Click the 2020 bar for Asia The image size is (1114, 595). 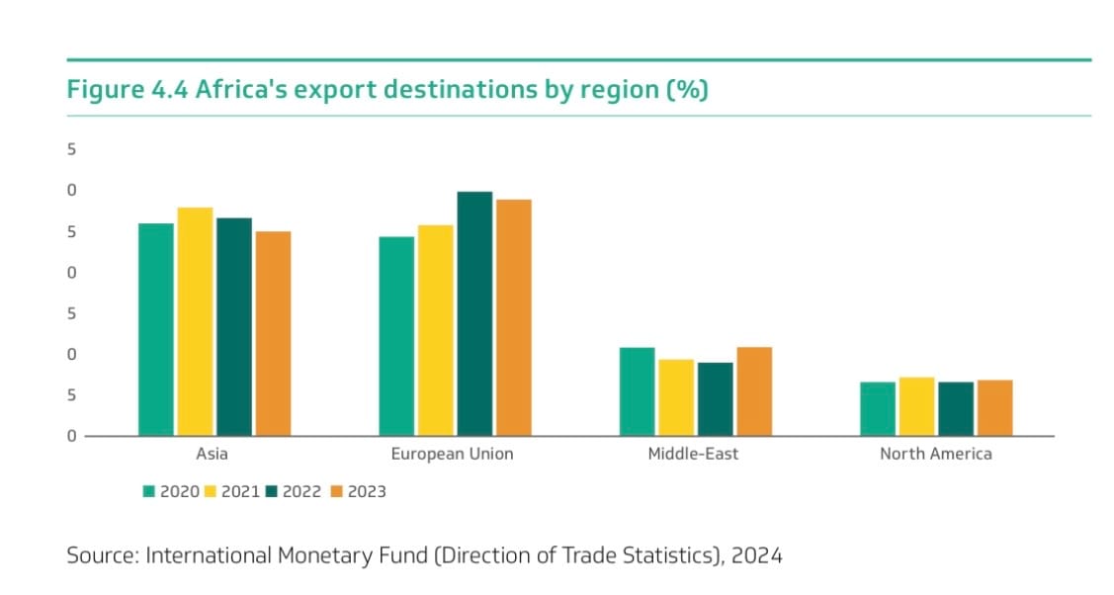(156, 329)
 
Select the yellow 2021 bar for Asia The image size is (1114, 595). (195, 321)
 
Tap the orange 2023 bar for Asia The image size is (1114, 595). (273, 333)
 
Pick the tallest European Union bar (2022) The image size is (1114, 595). (474, 313)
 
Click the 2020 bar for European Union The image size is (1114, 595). (396, 336)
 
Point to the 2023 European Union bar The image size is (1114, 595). (513, 317)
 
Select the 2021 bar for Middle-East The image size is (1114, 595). (676, 397)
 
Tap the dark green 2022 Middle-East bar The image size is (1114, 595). (715, 399)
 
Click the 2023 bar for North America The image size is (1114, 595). (994, 407)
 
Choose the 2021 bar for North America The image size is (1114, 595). (916, 406)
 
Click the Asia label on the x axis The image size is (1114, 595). (213, 455)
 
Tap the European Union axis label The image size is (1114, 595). (452, 455)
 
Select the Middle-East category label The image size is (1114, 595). (693, 455)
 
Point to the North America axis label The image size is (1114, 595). (935, 455)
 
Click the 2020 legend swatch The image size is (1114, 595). (149, 491)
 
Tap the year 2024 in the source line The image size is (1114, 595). (756, 555)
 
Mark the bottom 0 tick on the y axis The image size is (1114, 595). (71, 436)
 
